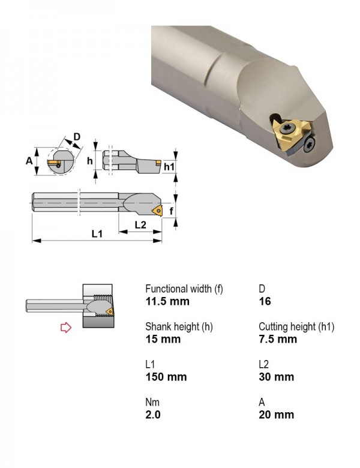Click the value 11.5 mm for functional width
167,301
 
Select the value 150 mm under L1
166,377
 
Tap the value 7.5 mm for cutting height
278,339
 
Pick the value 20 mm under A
276,415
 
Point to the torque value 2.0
153,415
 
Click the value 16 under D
265,301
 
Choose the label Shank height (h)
179,326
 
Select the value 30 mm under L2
276,377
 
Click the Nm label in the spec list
152,402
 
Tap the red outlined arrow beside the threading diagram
65,327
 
